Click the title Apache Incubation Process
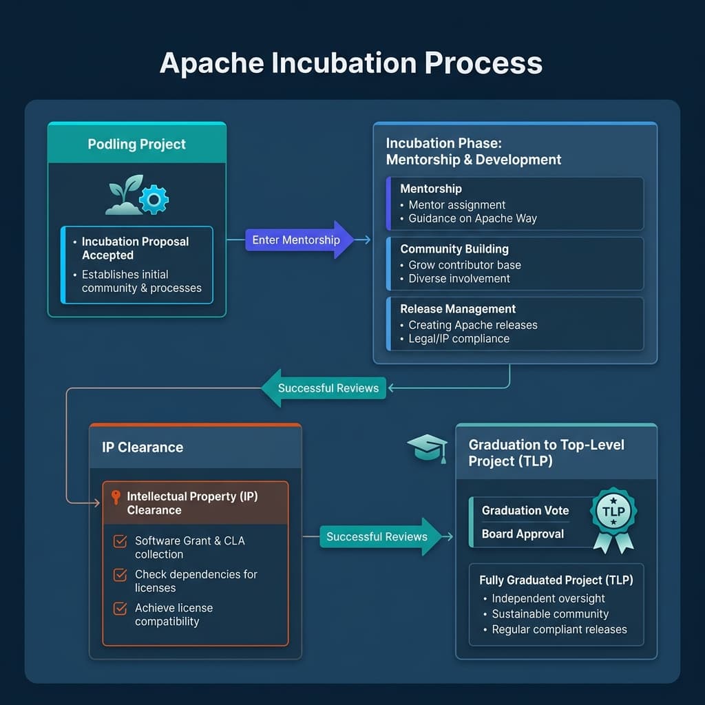click(351, 63)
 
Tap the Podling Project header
click(136, 144)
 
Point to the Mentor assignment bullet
click(456, 204)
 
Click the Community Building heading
click(454, 249)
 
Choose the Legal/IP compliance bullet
click(459, 338)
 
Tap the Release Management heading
click(458, 309)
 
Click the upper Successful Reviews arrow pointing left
click(324, 388)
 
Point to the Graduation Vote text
click(525, 510)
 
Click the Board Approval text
click(523, 534)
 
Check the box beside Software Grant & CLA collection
click(120, 542)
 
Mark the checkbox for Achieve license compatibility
click(120, 609)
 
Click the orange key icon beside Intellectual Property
click(116, 497)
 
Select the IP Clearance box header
click(143, 447)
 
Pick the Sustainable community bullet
click(549, 613)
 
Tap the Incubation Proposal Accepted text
click(135, 248)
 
